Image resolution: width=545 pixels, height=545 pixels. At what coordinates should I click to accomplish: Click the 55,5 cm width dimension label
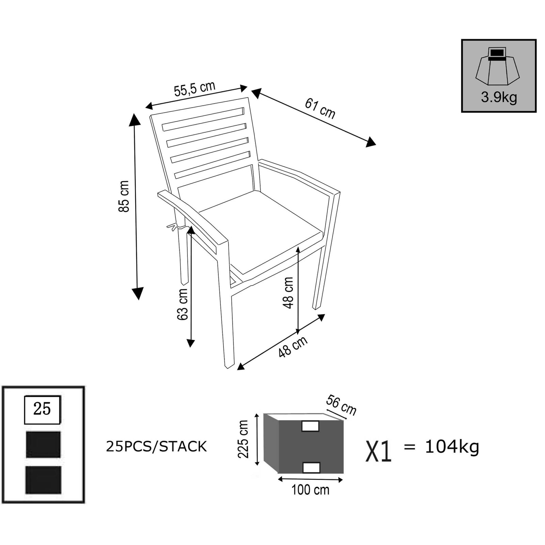click(x=194, y=89)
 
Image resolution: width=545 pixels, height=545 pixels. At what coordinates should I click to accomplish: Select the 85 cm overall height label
click(x=124, y=197)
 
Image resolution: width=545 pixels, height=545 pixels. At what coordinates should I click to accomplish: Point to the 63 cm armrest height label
click(x=183, y=304)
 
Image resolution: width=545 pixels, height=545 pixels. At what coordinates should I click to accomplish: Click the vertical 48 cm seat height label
click(x=288, y=293)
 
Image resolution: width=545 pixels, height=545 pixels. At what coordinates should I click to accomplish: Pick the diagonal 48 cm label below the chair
click(x=293, y=346)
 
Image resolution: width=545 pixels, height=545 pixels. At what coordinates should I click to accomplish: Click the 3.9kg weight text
click(x=499, y=97)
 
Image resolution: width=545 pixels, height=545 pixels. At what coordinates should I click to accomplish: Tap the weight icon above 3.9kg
click(x=497, y=66)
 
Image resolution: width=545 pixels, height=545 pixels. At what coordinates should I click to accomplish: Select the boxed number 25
click(x=42, y=409)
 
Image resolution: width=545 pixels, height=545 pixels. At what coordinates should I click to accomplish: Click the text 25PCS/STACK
click(x=156, y=447)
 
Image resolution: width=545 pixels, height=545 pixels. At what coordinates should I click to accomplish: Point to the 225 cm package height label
click(x=243, y=439)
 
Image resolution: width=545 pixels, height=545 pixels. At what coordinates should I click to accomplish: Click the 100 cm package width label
click(x=310, y=490)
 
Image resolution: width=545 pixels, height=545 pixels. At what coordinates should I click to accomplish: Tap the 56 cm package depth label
click(x=341, y=405)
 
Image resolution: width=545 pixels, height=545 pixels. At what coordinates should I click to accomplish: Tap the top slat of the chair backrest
click(x=203, y=119)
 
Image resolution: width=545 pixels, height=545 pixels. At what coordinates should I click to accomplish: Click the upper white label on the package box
click(x=310, y=426)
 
